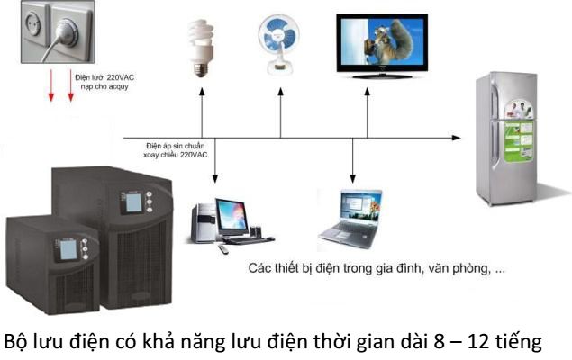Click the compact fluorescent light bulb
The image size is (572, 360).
pos(200,48)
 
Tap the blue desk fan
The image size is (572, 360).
pos(279,44)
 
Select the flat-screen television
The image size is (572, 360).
pos(382,46)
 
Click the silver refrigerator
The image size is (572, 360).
pos(507,139)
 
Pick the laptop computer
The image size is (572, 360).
pos(350,220)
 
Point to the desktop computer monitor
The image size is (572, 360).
pos(232,218)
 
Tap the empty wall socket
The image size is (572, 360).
pos(33,23)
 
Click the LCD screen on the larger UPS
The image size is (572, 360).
pos(133,203)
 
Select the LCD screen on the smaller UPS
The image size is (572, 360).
pos(68,249)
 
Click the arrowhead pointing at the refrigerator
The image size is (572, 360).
pos(457,138)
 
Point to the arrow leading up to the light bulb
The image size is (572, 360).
pos(202,113)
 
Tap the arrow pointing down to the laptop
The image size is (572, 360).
pos(352,160)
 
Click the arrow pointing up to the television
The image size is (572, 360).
pos(367,113)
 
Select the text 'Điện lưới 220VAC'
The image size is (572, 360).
pos(104,77)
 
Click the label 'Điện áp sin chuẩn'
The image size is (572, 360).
pos(175,146)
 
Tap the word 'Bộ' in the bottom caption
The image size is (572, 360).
pos(15,341)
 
